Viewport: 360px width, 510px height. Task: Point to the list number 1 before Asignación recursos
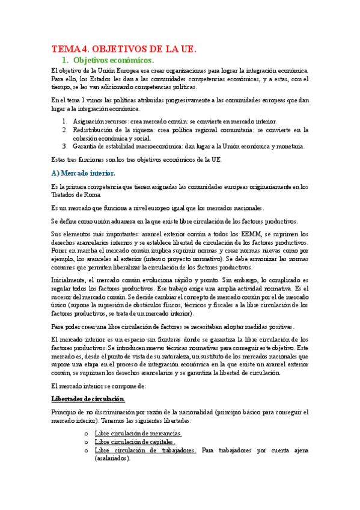point(64,121)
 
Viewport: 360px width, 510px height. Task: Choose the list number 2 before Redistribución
point(64,129)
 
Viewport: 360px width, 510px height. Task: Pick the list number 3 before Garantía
point(64,146)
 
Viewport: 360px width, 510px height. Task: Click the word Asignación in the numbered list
point(89,121)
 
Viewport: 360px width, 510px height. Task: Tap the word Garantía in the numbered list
point(85,146)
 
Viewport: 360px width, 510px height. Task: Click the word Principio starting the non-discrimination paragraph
point(66,412)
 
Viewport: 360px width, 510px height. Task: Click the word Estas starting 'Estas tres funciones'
point(61,160)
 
